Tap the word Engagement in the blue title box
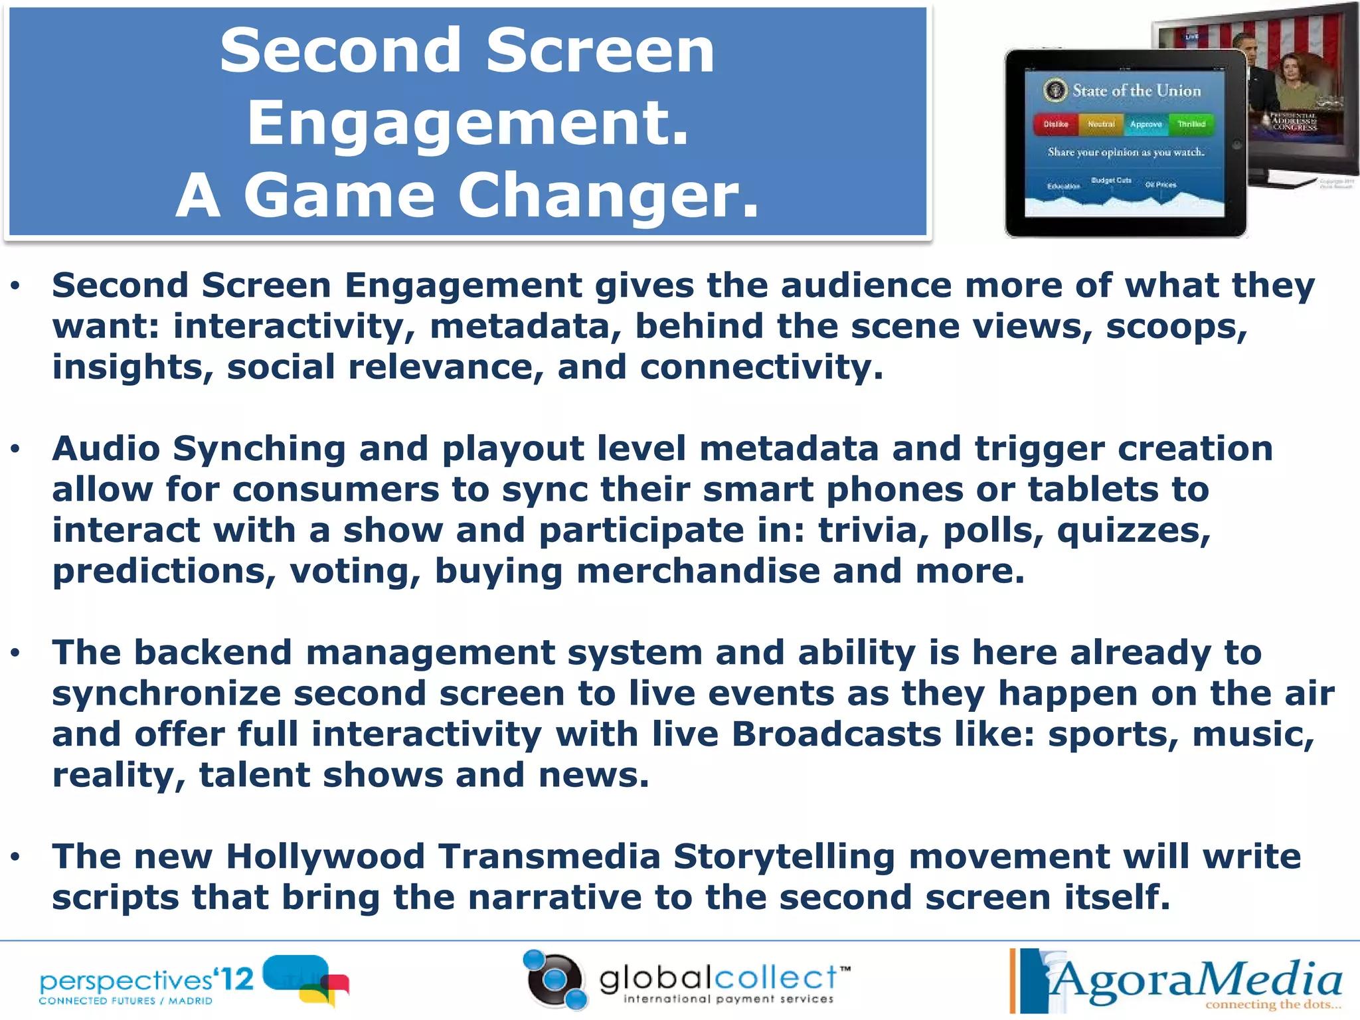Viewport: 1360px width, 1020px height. point(467,123)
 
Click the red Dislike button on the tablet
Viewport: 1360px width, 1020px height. point(1055,124)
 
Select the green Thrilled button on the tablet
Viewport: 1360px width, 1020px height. point(1191,124)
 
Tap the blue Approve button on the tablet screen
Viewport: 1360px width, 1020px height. point(1146,124)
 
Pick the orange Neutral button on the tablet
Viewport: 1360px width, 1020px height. point(1100,124)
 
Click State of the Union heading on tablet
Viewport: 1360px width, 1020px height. point(1136,91)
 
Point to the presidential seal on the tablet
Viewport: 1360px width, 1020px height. point(1055,90)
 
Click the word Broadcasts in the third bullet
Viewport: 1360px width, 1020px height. point(837,734)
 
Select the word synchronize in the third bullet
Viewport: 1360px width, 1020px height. point(166,694)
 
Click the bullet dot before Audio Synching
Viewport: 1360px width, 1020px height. point(15,450)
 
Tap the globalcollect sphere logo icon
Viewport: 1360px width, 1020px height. point(555,980)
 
